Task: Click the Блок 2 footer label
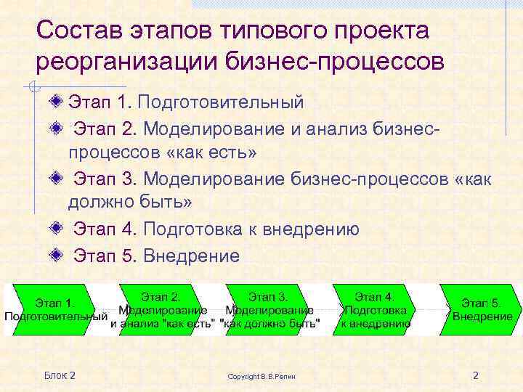60,375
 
